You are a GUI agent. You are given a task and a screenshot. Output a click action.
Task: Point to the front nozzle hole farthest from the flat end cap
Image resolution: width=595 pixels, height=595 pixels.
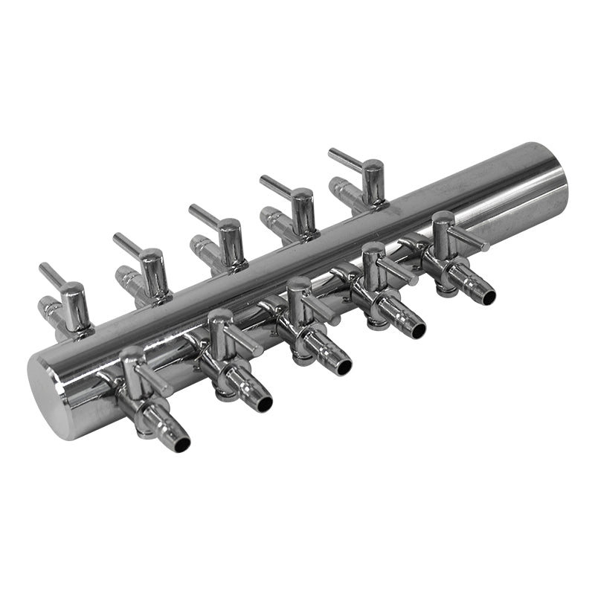(x=489, y=297)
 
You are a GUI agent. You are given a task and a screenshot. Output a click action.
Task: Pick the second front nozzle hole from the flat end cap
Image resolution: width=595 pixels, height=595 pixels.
(x=265, y=405)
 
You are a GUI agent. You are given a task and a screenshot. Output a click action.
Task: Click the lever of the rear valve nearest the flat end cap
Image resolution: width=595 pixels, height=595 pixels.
(x=51, y=274)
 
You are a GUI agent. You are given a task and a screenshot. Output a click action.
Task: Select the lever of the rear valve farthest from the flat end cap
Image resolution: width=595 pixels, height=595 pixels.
(x=343, y=157)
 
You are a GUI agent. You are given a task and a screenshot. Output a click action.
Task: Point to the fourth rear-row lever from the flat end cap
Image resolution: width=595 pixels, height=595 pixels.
(x=274, y=184)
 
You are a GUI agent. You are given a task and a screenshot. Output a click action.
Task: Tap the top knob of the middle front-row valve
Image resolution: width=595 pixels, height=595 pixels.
(x=298, y=284)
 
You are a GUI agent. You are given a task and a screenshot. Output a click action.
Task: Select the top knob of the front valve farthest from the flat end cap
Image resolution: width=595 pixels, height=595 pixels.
(x=443, y=219)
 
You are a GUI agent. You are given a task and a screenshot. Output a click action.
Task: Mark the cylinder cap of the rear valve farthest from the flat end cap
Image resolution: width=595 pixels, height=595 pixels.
(x=373, y=167)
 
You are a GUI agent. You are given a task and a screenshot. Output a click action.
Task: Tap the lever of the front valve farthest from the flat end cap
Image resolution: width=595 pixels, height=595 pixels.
(x=471, y=239)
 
